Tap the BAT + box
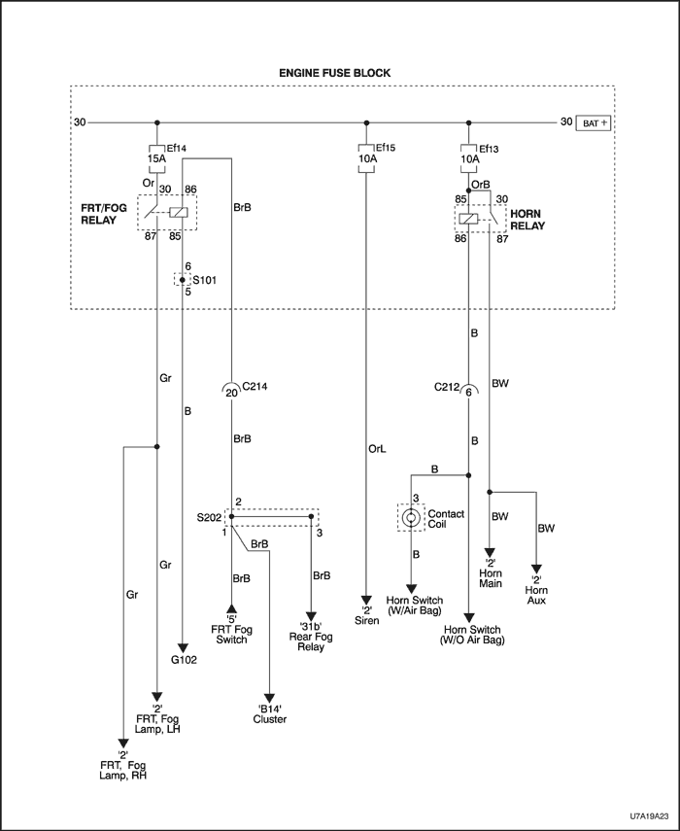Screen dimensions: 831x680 click(595, 123)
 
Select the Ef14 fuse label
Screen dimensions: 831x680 click(176, 148)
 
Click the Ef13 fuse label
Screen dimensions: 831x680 click(489, 148)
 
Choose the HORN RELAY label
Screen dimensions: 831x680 click(527, 219)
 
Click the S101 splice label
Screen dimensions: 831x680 click(205, 280)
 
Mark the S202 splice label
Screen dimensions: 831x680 click(209, 519)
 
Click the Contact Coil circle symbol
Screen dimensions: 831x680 click(411, 518)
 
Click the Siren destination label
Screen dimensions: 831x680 click(366, 619)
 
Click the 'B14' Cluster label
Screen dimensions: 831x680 click(269, 714)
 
